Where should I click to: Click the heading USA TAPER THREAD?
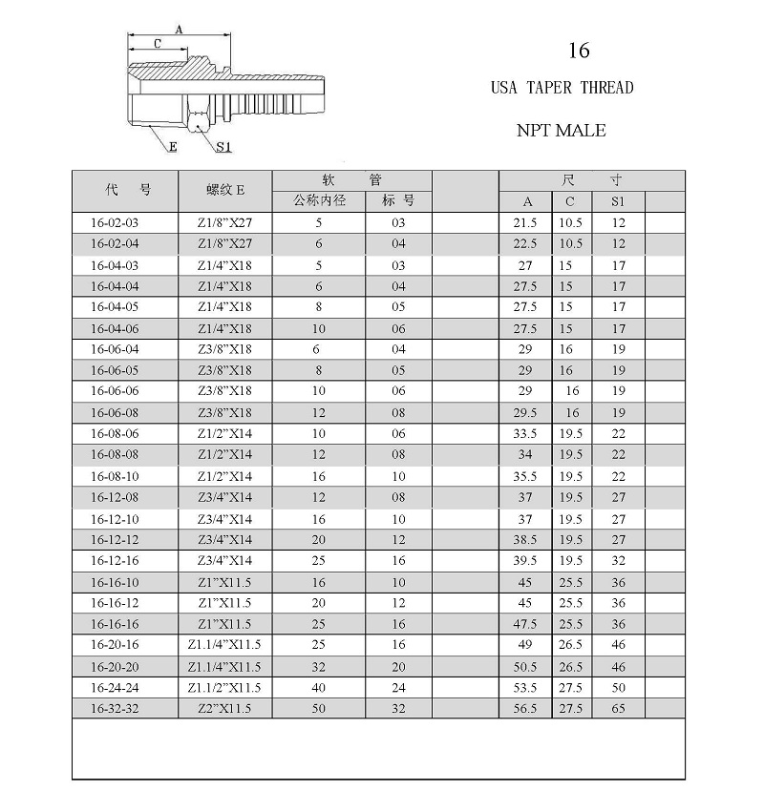tap(562, 88)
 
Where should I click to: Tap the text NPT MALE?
tap(562, 130)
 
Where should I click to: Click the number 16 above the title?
tap(579, 50)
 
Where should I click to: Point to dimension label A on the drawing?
tap(179, 31)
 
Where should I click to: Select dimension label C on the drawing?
tap(157, 44)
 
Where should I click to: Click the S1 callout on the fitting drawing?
tap(223, 147)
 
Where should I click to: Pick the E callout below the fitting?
tap(173, 147)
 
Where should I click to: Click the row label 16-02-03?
tap(115, 222)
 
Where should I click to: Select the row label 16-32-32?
tap(115, 709)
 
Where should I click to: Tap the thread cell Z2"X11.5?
tap(224, 709)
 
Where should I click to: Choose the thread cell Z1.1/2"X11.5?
tap(224, 688)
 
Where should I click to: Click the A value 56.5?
tap(526, 709)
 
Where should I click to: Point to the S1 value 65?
tap(619, 709)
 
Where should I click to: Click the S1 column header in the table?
tap(619, 201)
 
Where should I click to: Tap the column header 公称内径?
tap(319, 201)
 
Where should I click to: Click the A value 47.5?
tap(526, 624)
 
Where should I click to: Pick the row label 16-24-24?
tap(115, 688)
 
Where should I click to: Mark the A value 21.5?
tap(526, 222)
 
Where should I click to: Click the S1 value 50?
tap(619, 688)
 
